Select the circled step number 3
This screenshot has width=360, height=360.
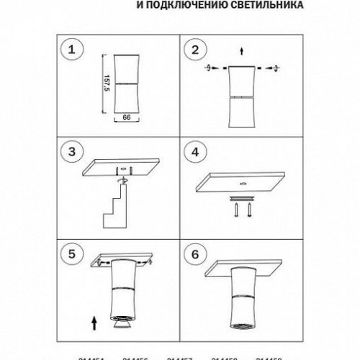[71, 153]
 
